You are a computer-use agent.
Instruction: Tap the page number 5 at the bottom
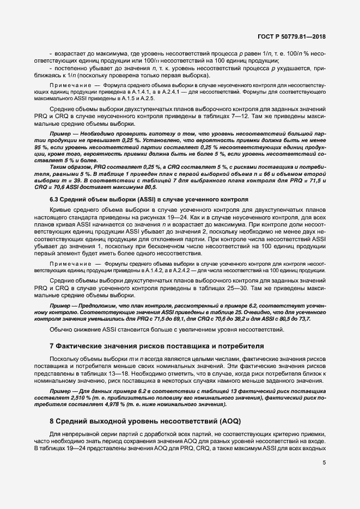pyautogui.click(x=325, y=464)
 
